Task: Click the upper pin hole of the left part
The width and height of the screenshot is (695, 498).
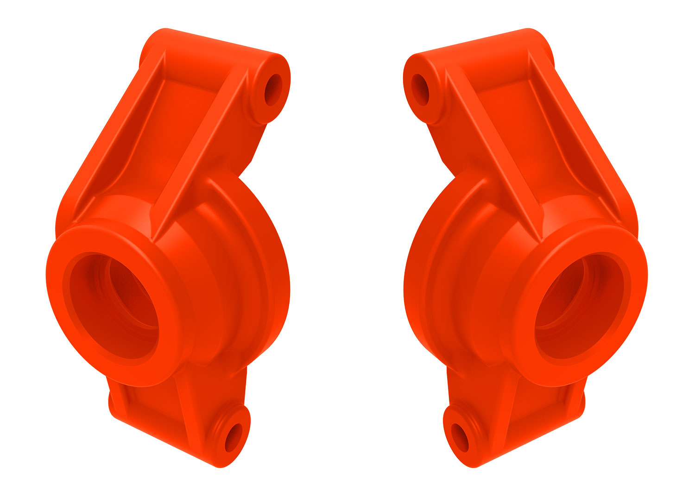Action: pos(273,89)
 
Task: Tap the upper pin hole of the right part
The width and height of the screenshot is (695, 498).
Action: pos(421,89)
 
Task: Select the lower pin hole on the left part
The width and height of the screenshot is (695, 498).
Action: pos(234,437)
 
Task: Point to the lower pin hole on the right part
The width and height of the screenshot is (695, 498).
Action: pos(460,437)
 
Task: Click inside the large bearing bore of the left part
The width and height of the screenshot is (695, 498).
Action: pos(114,306)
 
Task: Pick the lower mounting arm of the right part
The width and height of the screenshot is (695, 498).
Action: pos(533,417)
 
